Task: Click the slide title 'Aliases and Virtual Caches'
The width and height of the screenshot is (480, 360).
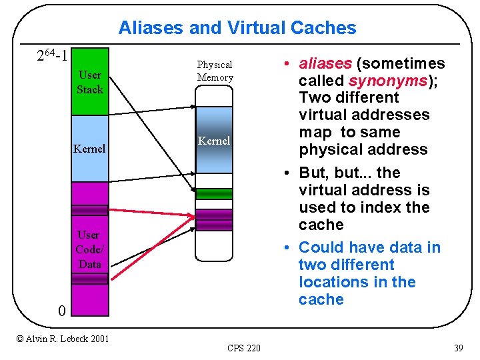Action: pyautogui.click(x=237, y=28)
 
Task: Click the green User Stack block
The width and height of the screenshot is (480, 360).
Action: pyautogui.click(x=90, y=82)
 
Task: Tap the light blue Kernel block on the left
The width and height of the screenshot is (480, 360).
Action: pyautogui.click(x=89, y=149)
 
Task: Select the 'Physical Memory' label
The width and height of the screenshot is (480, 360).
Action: pyautogui.click(x=215, y=71)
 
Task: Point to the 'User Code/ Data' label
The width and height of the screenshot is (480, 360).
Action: pyautogui.click(x=89, y=249)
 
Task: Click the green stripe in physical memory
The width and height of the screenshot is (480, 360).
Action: pyautogui.click(x=214, y=193)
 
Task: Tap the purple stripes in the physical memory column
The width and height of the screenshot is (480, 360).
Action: pyautogui.click(x=214, y=219)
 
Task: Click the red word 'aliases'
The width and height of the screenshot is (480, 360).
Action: pyautogui.click(x=325, y=64)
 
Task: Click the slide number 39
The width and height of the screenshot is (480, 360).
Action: pyautogui.click(x=458, y=348)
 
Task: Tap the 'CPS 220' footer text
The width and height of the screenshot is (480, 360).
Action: pyautogui.click(x=244, y=348)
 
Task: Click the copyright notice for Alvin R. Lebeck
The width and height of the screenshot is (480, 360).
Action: pyautogui.click(x=63, y=339)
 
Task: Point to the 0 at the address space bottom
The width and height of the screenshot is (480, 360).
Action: pyautogui.click(x=61, y=311)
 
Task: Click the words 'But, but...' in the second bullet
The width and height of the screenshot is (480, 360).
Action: pyautogui.click(x=336, y=173)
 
